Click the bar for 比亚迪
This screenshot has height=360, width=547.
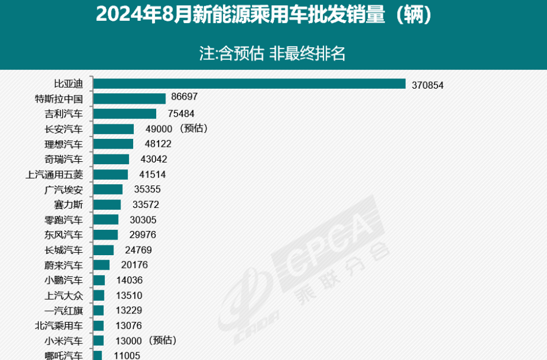pos(249,84)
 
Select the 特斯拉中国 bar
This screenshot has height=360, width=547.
pos(129,99)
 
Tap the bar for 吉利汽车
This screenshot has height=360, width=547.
pos(125,114)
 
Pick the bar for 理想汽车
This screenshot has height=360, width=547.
pos(113,144)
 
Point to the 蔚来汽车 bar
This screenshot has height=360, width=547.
pos(101,265)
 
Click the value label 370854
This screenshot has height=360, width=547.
pos(428,85)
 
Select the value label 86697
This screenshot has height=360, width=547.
pos(184,98)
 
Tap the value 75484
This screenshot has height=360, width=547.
pos(175,114)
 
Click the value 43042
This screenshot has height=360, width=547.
pos(153,159)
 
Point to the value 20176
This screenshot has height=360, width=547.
pos(133,265)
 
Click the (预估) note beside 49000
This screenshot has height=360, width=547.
pos(193,128)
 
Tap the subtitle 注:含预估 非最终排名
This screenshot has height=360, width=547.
pos(272,54)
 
